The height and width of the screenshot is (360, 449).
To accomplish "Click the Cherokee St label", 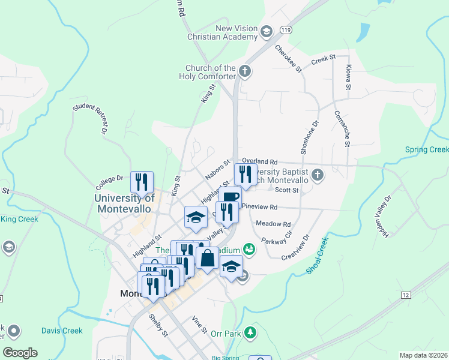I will tap(288, 59).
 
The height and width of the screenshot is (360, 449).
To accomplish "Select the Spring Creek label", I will tap(427, 149).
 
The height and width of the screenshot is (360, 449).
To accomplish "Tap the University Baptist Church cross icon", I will tap(318, 175).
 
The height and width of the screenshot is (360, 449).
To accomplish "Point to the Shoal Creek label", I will tap(318, 257).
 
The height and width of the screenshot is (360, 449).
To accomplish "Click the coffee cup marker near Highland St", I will tap(229, 197).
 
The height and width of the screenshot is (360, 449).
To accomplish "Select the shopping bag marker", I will tap(207, 258).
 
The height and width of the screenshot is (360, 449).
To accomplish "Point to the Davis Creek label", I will tap(62, 331).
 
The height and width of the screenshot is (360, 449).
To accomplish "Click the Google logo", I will tap(20, 353).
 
